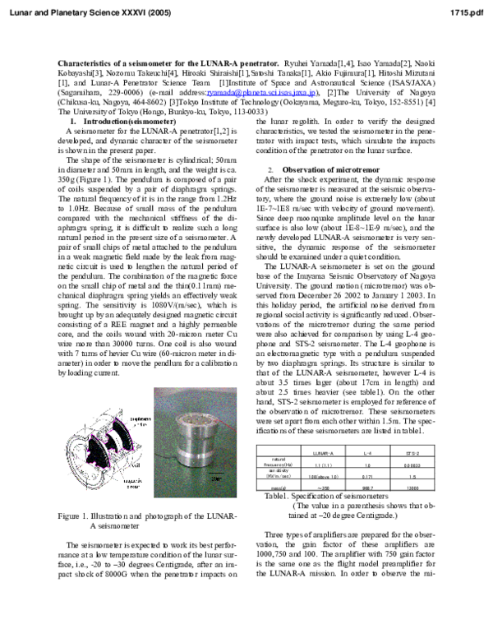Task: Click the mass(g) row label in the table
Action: tap(277, 487)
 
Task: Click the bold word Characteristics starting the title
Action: tap(85, 62)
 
